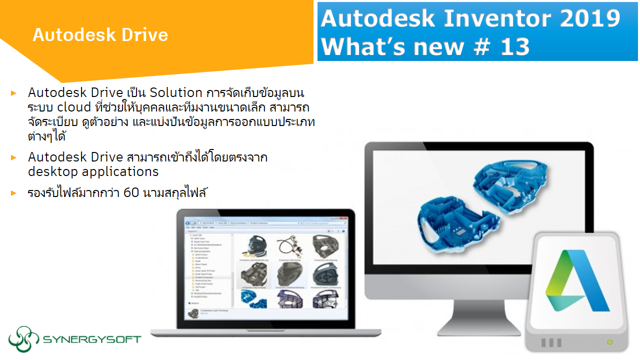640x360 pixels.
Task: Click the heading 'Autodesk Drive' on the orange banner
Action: pos(100,35)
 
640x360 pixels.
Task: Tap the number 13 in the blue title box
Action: pos(512,46)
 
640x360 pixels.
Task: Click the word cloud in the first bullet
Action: pos(73,107)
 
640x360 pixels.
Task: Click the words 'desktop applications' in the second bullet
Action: pos(93,171)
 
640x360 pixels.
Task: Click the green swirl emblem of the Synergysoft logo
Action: pos(23,339)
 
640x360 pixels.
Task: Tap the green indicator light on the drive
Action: pos(609,342)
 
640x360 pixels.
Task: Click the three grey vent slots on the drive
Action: pos(550,343)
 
